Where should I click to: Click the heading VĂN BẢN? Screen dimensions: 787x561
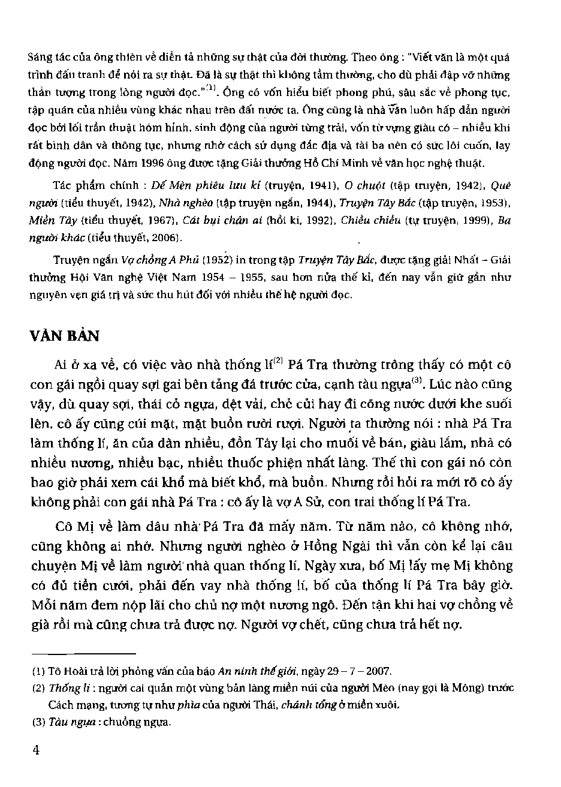[65, 335]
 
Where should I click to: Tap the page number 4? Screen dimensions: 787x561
[36, 752]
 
